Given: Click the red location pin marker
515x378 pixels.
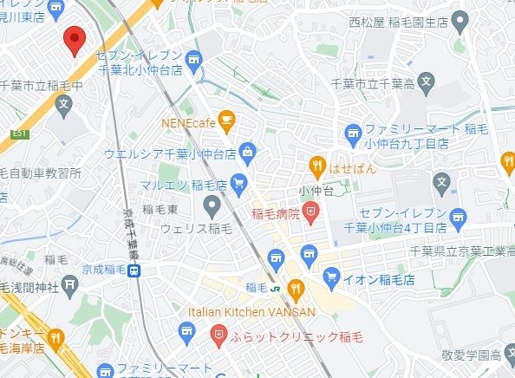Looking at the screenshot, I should coord(74,39).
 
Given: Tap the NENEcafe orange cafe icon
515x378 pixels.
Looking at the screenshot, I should coord(227,121).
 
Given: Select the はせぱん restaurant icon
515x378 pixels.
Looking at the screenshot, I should coord(318,166).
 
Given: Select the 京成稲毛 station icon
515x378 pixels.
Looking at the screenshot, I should coord(134,271).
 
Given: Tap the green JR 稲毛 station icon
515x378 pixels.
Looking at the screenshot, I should coord(273,288).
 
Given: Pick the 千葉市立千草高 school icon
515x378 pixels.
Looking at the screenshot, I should coord(425,84).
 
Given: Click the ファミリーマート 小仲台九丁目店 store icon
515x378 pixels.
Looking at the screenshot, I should coord(352,133).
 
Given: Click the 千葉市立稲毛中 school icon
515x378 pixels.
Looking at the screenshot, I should coord(63,106).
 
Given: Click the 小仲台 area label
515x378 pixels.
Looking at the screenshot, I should coord(316,192).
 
